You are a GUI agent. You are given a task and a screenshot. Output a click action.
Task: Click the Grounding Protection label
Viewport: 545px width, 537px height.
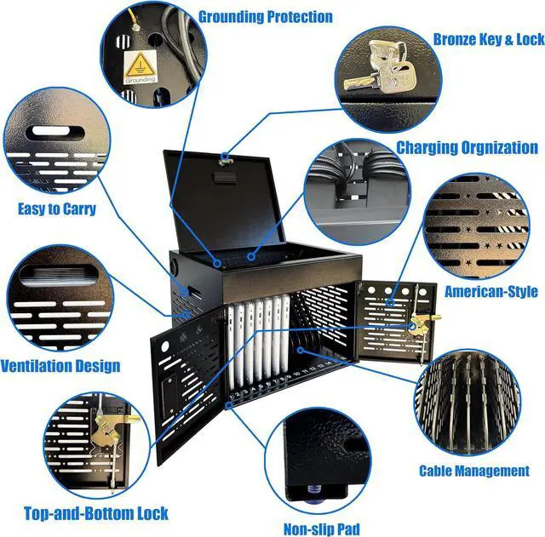click(x=265, y=16)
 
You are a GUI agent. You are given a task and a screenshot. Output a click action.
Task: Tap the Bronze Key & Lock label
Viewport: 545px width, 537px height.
click(x=488, y=39)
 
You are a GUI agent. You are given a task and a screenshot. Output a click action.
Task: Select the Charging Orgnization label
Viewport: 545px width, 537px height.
click(x=467, y=147)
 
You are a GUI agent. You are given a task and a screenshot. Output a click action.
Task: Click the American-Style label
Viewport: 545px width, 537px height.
click(x=490, y=292)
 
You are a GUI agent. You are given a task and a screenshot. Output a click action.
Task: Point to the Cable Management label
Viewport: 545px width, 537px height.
click(x=473, y=471)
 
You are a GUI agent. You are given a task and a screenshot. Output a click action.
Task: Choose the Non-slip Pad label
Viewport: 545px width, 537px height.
click(x=322, y=528)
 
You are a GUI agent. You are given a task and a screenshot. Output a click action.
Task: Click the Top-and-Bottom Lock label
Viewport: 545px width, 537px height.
click(x=95, y=513)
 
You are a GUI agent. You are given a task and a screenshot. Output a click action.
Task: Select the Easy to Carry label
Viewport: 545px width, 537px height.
click(x=56, y=209)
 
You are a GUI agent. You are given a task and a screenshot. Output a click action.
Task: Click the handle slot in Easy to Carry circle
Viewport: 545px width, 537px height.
click(x=59, y=133)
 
